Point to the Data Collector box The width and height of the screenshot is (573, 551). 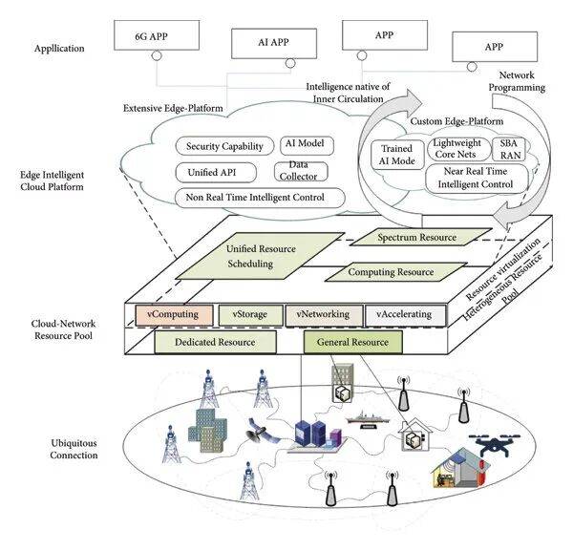point(301,171)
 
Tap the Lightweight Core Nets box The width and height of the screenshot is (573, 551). point(455,149)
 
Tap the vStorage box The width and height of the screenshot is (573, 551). point(250,313)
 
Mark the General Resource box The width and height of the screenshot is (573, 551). point(352,341)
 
